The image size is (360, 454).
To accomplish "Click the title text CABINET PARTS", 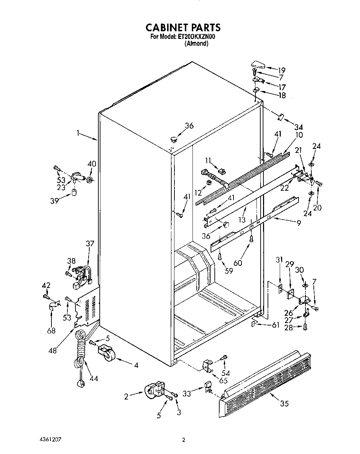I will point(182,27).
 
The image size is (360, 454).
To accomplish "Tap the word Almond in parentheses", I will point(196,44).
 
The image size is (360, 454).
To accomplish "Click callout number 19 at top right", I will point(281,69).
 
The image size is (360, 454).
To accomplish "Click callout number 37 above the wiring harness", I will point(90,244).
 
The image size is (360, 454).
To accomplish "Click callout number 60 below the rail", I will point(238,263).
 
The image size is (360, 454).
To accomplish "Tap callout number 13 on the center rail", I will point(242,220).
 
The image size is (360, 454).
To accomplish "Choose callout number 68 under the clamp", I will point(51,330).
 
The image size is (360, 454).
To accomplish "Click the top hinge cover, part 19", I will point(257,65).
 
